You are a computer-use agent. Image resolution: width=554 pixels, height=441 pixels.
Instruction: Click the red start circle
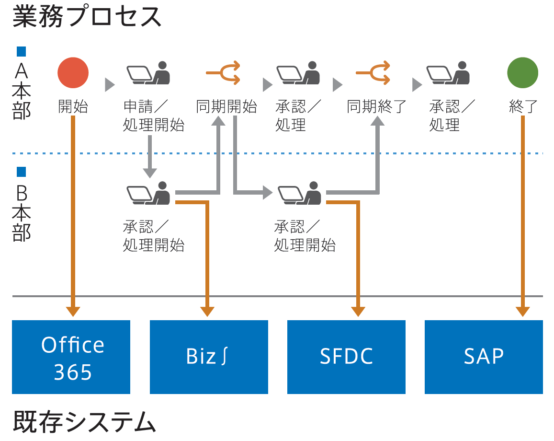coord(73,73)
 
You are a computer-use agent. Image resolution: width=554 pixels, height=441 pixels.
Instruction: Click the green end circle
coord(523,73)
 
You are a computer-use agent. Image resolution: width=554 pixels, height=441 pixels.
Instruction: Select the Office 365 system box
coord(71,357)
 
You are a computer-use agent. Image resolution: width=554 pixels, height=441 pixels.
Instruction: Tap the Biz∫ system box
coord(209,357)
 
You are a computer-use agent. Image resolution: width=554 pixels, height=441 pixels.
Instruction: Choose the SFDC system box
coord(346,357)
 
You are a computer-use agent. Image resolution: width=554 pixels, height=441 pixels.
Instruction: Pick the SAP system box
coord(484,357)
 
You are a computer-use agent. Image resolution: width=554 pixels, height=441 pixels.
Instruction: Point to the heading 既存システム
coord(84,422)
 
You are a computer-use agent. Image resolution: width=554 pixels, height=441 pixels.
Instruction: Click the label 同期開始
coord(226,106)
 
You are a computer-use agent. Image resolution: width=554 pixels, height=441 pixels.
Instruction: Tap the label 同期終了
coord(377,106)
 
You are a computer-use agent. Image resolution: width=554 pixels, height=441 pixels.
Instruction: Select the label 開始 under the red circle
coord(73,106)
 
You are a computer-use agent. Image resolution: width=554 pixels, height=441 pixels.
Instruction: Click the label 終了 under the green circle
coord(523,106)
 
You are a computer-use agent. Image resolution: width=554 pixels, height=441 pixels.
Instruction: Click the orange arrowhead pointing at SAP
coord(523,311)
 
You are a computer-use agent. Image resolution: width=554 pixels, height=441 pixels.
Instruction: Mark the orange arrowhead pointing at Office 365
coord(73,311)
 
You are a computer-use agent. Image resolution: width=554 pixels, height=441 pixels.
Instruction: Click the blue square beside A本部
coord(21,51)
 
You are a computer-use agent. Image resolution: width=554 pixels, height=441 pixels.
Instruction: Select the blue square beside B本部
coord(21,172)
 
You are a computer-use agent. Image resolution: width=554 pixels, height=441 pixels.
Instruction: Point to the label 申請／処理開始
coord(153,116)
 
